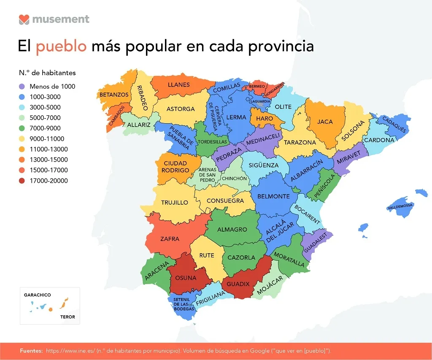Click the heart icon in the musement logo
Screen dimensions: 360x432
[x=24, y=19]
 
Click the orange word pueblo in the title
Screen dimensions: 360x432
[x=61, y=46]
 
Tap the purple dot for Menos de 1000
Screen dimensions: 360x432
[x=22, y=87]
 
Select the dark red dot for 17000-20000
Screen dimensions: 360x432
[x=22, y=181]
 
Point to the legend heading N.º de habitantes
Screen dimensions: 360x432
[x=47, y=73]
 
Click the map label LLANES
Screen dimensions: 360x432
[x=178, y=84]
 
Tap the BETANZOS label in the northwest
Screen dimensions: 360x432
[x=114, y=95]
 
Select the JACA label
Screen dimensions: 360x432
[x=325, y=122]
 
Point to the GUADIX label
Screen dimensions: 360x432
[x=238, y=284]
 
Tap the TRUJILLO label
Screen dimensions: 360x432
[x=174, y=203]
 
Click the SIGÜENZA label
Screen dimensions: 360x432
[x=263, y=165]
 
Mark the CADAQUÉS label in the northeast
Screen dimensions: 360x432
[x=394, y=125]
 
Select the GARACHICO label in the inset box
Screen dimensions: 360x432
[x=37, y=295]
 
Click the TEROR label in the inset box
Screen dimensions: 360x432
[x=67, y=317]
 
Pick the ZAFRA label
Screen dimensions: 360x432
[x=170, y=239]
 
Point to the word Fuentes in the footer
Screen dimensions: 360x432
[x=31, y=351]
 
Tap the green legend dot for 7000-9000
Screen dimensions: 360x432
[x=22, y=128]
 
